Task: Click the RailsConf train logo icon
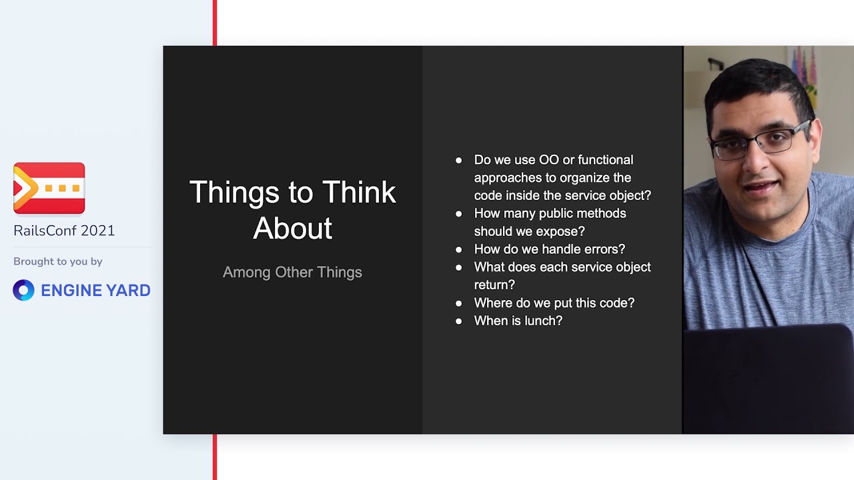[49, 188]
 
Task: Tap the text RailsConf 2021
[64, 231]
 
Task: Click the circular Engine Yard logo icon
[23, 290]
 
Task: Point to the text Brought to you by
[58, 262]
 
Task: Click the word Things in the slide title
[234, 193]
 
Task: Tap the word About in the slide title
[292, 229]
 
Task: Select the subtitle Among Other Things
[292, 273]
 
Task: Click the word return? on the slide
[494, 285]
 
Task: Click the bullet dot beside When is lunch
[458, 321]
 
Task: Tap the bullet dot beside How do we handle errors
[458, 250]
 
